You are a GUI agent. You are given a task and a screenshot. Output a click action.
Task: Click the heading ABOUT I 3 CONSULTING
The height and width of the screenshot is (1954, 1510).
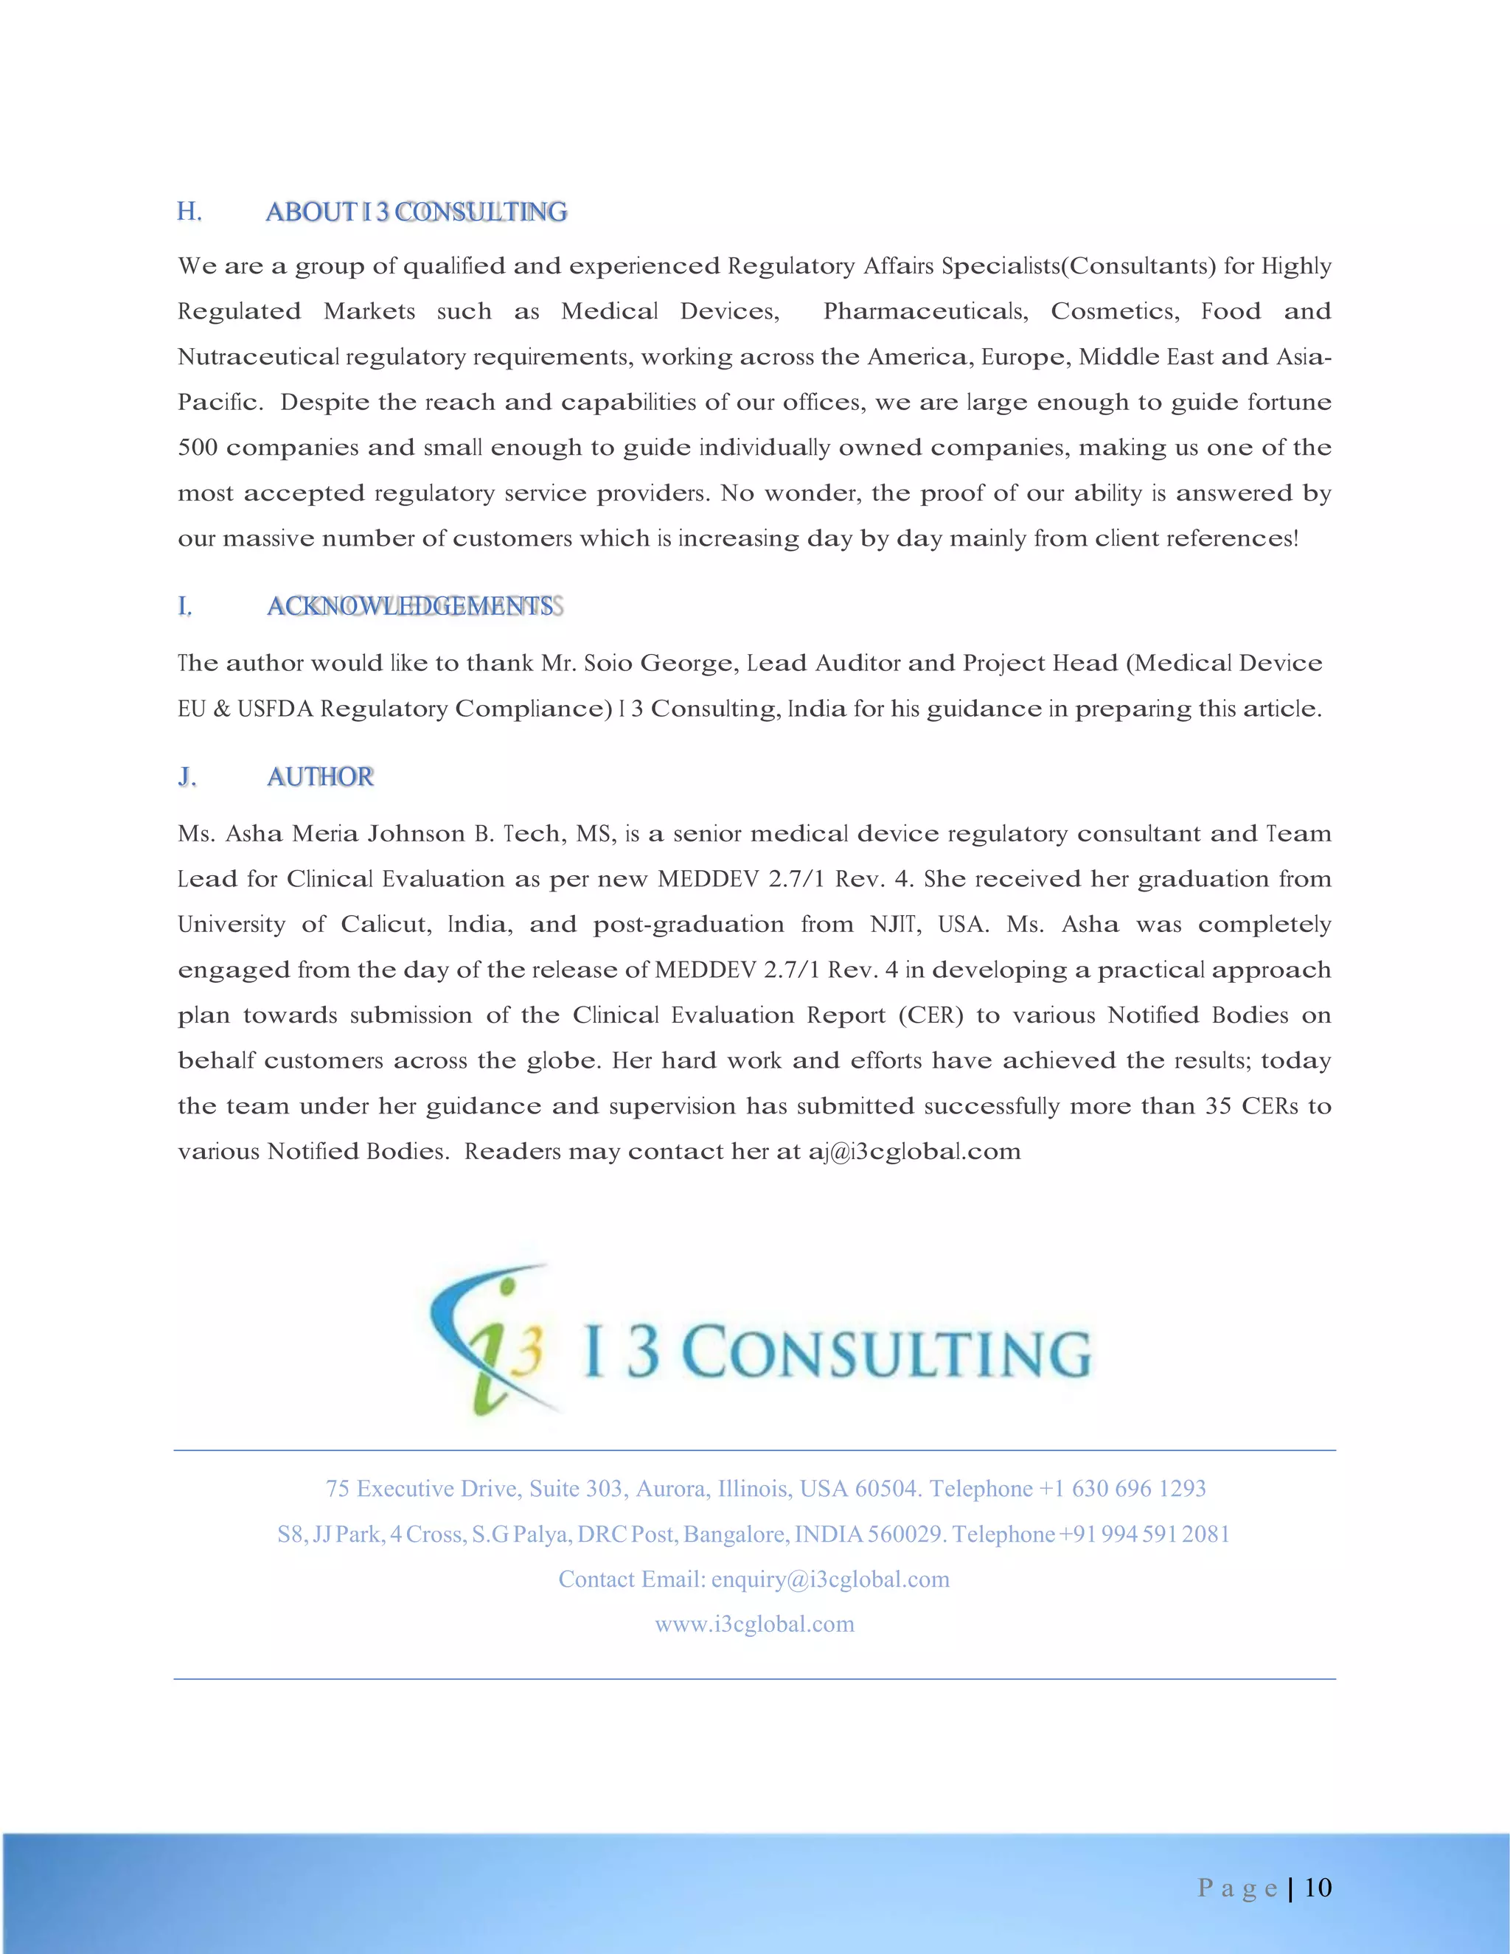click(x=417, y=212)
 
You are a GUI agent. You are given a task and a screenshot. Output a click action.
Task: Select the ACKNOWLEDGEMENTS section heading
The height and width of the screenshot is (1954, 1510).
click(x=411, y=607)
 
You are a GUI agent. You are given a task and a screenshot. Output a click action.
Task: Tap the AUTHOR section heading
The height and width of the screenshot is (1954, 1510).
click(x=320, y=776)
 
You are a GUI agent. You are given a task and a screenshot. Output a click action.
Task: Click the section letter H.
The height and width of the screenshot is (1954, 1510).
click(x=189, y=212)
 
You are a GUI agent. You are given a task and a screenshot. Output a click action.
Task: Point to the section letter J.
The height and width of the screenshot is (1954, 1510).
click(x=186, y=776)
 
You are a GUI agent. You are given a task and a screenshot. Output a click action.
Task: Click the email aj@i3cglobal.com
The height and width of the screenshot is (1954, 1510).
click(x=914, y=1152)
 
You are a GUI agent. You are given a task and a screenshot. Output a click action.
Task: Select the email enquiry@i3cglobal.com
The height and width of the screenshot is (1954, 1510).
click(x=830, y=1580)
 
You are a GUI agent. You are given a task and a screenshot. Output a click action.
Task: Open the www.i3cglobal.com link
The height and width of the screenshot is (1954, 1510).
click(x=754, y=1624)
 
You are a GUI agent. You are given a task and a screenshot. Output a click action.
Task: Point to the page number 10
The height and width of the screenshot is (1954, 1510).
click(x=1318, y=1887)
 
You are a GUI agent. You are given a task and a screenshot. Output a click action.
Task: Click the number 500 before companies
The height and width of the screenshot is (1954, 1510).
click(x=198, y=448)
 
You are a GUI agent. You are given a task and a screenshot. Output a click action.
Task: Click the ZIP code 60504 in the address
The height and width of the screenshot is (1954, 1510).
click(x=886, y=1489)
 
